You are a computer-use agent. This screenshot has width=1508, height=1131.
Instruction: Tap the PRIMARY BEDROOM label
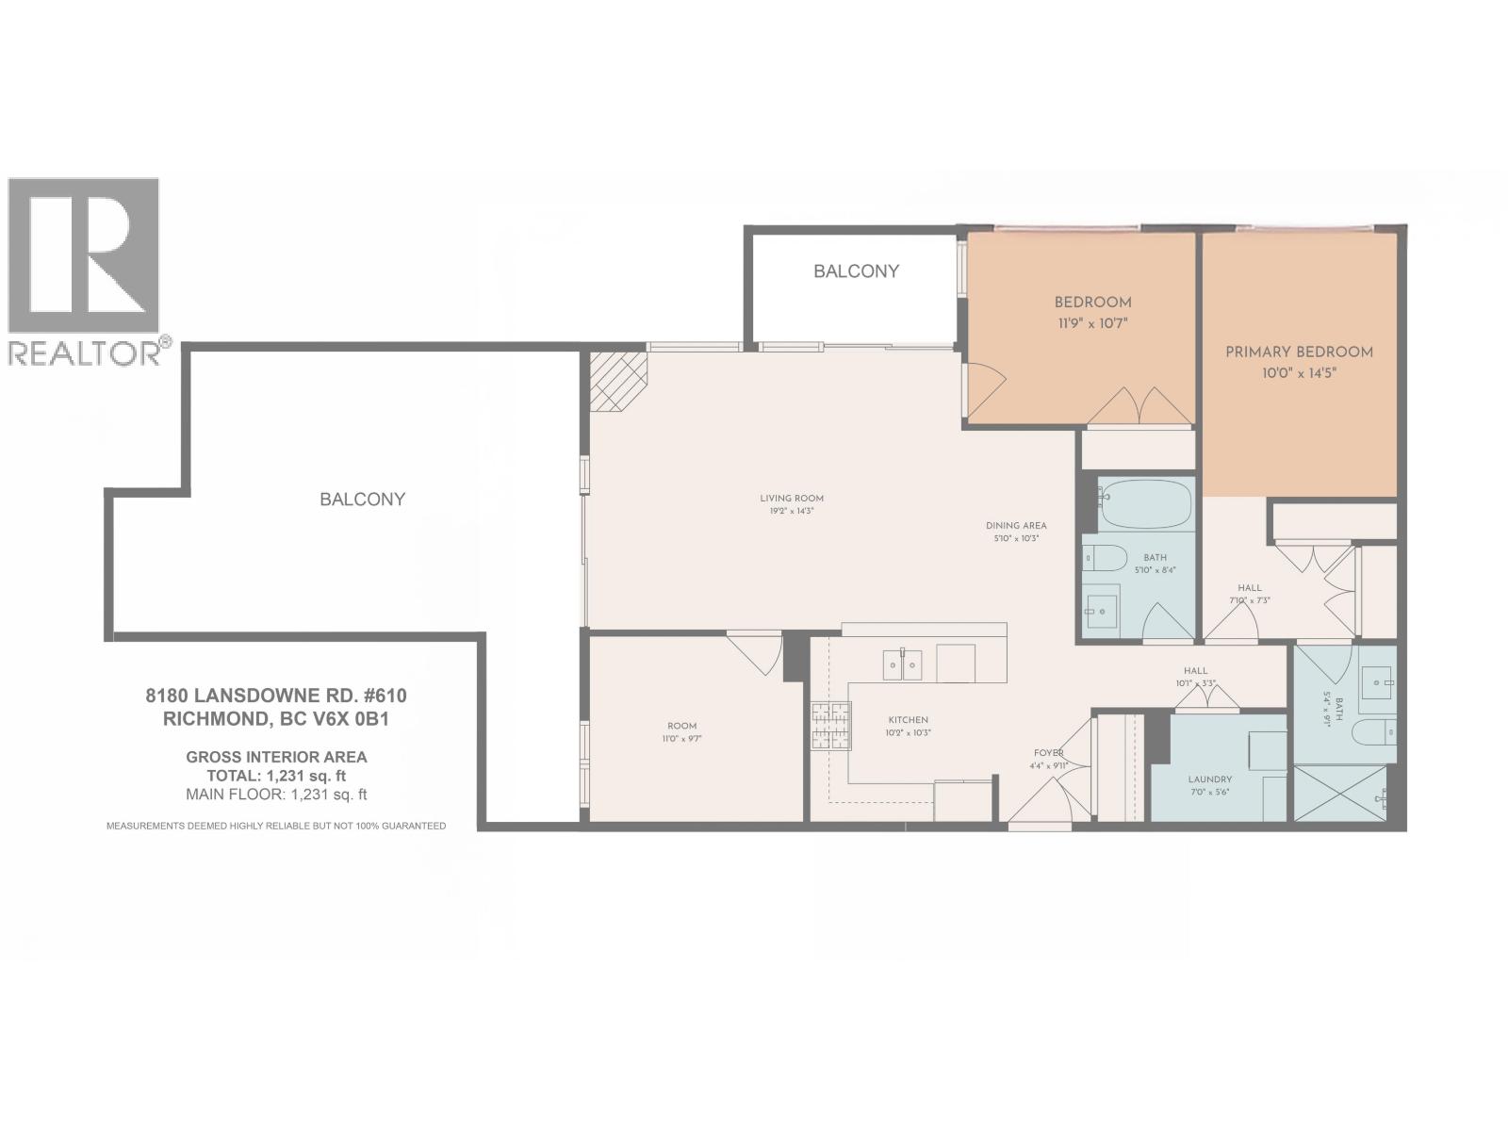(x=1299, y=352)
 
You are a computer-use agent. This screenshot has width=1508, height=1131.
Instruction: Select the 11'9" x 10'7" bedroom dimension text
(x=1091, y=323)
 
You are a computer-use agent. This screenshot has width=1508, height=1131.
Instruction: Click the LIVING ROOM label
(x=792, y=499)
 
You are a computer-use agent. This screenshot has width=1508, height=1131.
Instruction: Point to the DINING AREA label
(x=1016, y=526)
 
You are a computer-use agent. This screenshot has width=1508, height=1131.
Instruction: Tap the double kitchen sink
(x=902, y=664)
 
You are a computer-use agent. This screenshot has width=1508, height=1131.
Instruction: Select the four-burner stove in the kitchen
(x=830, y=727)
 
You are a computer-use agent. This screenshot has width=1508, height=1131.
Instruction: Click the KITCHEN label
(x=907, y=720)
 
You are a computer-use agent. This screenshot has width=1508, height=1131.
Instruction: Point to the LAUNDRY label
(x=1209, y=779)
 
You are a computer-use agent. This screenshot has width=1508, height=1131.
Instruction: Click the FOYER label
(x=1048, y=753)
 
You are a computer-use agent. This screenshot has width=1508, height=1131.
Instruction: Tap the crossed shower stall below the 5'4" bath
(x=1338, y=793)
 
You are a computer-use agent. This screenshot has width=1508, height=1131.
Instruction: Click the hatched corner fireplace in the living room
(x=619, y=381)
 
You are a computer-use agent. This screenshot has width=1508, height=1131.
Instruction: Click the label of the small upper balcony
(x=856, y=271)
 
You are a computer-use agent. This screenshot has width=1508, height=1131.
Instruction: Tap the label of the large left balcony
(x=362, y=500)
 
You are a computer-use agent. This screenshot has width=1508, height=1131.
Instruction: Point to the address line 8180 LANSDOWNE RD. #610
(x=275, y=696)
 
